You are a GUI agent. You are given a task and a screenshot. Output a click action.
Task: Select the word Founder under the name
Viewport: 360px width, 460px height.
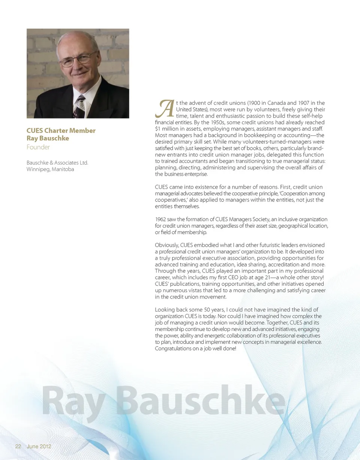click(x=38, y=147)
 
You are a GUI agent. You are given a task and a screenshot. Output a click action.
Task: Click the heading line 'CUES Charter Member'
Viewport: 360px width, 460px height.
click(x=61, y=130)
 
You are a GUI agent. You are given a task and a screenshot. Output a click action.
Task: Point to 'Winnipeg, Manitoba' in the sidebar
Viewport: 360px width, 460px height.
click(x=50, y=169)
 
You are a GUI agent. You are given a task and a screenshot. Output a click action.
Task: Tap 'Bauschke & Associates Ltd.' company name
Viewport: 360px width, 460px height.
click(x=57, y=163)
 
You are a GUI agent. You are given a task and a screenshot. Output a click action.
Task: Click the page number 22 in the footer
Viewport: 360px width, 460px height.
click(x=18, y=447)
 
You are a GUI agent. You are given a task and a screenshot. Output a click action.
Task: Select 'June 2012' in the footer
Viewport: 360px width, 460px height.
click(x=39, y=447)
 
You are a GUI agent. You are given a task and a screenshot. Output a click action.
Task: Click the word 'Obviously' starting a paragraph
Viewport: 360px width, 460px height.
click(x=167, y=245)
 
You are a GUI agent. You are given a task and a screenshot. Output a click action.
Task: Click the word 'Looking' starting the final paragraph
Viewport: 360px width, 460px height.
click(x=165, y=310)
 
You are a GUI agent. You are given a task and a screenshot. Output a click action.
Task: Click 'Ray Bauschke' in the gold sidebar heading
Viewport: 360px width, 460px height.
click(x=48, y=138)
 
